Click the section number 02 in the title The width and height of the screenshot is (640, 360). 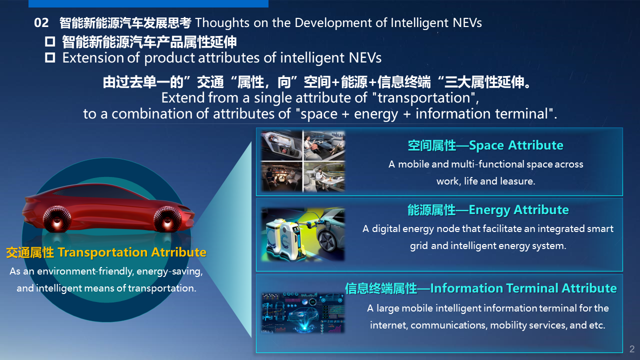pos(41,23)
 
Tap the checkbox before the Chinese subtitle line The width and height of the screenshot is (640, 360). pos(50,41)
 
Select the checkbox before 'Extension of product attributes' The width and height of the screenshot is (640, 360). pos(50,57)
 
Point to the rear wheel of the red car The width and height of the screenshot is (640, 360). pos(57,219)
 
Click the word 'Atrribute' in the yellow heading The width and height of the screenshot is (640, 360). pos(178,252)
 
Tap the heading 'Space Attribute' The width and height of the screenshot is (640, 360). pos(516,145)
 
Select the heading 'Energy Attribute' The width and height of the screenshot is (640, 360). pos(518,210)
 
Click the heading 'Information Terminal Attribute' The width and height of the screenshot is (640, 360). pos(523,288)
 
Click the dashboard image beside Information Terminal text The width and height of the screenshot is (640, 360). pos(303,313)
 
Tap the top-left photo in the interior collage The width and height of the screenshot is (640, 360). pos(281,145)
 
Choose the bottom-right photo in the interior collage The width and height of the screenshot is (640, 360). pos(324,176)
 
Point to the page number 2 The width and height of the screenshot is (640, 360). pos(632,349)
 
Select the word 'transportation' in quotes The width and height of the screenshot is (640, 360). pos(424,98)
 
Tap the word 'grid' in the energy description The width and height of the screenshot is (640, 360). pos(418,246)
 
